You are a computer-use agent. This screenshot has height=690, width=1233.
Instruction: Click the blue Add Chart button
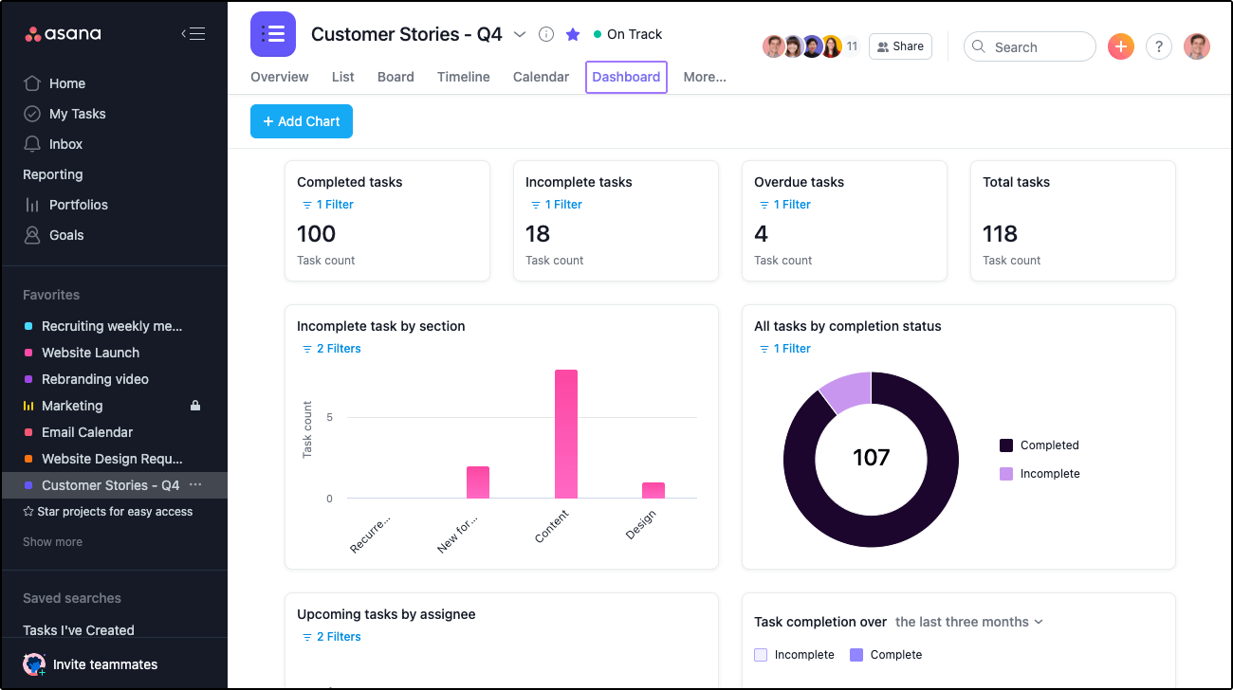[x=302, y=121]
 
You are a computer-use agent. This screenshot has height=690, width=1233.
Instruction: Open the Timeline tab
[x=463, y=77]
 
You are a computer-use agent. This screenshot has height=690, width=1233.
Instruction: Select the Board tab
[x=396, y=77]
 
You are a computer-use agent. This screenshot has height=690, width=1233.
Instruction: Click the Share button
[x=899, y=46]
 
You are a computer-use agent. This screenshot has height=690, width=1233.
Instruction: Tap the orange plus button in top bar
[x=1121, y=46]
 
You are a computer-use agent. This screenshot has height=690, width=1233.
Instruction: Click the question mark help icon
[x=1158, y=46]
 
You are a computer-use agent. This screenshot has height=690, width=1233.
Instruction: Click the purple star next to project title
[x=573, y=34]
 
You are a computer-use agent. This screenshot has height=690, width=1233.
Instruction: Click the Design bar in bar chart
[x=653, y=490]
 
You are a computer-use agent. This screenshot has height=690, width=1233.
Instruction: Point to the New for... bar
[x=478, y=482]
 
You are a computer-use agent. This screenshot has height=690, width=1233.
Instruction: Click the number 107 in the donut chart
[x=871, y=459]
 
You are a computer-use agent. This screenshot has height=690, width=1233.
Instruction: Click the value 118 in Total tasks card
[x=1000, y=234]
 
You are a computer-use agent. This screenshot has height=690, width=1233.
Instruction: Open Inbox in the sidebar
[x=65, y=144]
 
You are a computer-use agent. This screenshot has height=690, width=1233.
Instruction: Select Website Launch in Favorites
[x=90, y=353]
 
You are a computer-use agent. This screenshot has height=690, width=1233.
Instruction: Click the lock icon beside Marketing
[x=195, y=406]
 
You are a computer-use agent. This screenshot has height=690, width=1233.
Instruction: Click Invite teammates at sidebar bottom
[x=104, y=664]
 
